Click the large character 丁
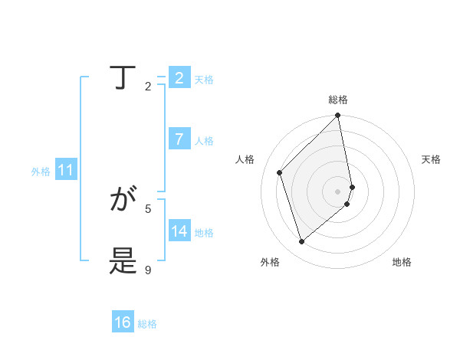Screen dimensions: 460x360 (122, 78)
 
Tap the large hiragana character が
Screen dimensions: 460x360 (122, 201)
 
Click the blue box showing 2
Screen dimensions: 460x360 (179, 78)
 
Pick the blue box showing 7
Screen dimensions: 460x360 (179, 139)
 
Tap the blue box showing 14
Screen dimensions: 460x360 (179, 231)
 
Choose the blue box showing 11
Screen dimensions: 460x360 (65, 170)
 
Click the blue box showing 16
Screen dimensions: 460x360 (122, 322)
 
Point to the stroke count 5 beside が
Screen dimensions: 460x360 (148, 208)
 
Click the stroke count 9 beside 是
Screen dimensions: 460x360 (148, 270)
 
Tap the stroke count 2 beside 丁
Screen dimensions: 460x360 (148, 86)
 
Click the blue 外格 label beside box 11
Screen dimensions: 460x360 (41, 172)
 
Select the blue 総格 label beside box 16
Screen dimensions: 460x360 (147, 324)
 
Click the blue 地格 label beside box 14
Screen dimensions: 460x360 (204, 233)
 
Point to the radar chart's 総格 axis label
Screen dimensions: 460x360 (338, 100)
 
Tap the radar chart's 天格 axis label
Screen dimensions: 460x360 (431, 159)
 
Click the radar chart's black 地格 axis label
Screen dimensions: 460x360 (402, 262)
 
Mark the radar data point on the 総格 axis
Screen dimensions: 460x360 (338, 116)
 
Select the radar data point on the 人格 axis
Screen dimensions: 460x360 (280, 172)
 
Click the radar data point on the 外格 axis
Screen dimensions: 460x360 (302, 241)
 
